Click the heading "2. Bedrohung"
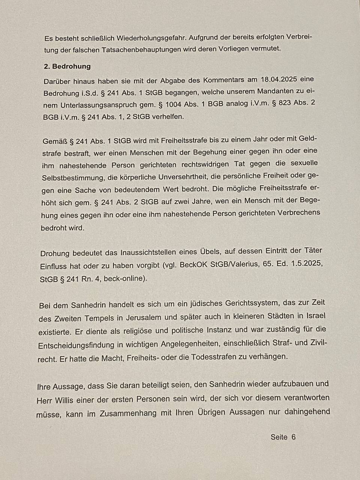67,66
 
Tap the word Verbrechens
298,213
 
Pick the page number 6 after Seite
293,437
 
